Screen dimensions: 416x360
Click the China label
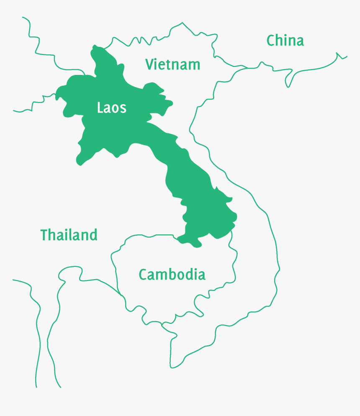pos(285,41)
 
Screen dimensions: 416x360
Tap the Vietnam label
pos(172,64)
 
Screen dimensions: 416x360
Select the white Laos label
pos(111,108)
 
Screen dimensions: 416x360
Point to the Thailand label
pos(69,235)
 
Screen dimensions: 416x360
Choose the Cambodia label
pos(172,275)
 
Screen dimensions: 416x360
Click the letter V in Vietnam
pos(149,64)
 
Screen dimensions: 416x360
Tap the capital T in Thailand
pos(44,235)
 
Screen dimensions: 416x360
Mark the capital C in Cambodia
pos(143,275)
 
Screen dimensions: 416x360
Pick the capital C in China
pos(271,41)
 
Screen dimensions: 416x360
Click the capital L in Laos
pos(100,108)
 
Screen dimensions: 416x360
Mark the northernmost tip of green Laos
pos(95,46)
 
